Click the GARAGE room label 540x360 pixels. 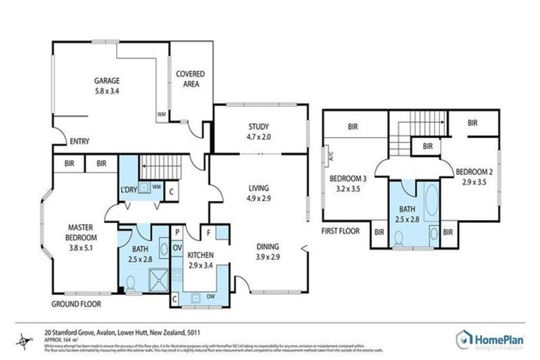click(107, 80)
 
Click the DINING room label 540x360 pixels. click(268, 247)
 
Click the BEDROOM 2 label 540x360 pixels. click(472, 172)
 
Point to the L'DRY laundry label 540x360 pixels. click(128, 190)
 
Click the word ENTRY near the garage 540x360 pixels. click(79, 141)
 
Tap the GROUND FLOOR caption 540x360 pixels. click(76, 304)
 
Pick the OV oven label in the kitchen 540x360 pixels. click(177, 247)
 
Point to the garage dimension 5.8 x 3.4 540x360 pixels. click(107, 91)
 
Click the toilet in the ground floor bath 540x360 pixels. click(130, 284)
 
